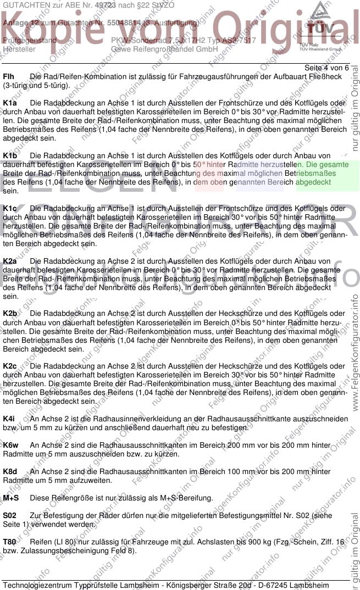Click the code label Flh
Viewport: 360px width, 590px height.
coord(9,76)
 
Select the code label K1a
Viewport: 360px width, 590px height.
coord(10,103)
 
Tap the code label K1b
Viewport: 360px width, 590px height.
coord(10,156)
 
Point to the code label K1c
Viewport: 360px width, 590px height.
coord(10,209)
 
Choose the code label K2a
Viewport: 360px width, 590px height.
coord(10,261)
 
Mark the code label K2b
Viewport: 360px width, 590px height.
coord(10,314)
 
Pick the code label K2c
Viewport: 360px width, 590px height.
coord(10,366)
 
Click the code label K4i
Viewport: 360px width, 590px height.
coord(9,419)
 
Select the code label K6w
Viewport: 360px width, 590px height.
coord(10,446)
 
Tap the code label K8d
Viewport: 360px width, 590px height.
coord(10,472)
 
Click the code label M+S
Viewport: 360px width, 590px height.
coord(10,498)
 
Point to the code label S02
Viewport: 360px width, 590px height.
coord(9,516)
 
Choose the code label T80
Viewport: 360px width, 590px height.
coord(9,542)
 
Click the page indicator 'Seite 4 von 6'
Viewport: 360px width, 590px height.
coord(326,68)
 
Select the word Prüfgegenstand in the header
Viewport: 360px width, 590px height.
coord(29,40)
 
